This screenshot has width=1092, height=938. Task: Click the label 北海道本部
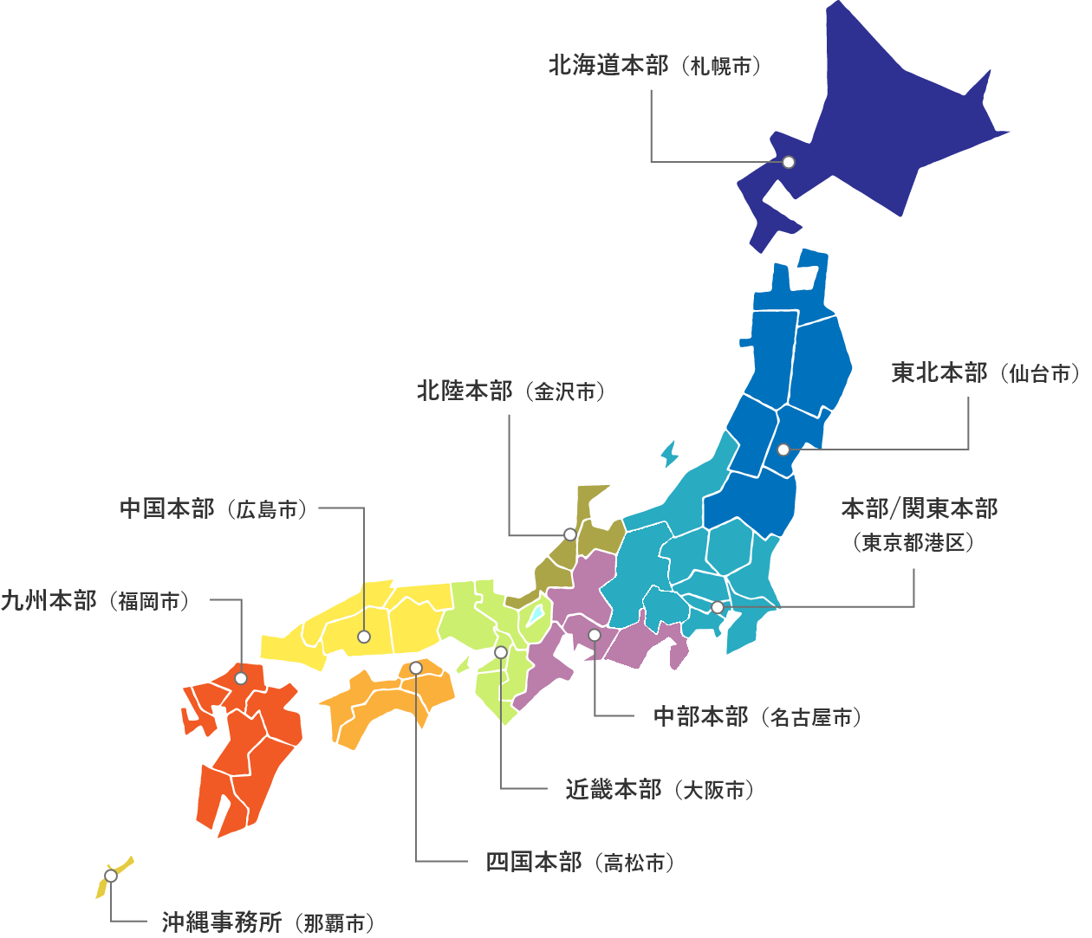pyautogui.click(x=608, y=65)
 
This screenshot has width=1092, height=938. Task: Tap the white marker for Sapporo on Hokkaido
pyautogui.click(x=789, y=162)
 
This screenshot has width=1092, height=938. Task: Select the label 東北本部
pyautogui.click(x=939, y=373)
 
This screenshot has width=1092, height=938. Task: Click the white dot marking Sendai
pyautogui.click(x=783, y=450)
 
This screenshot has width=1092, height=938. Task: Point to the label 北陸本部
pyautogui.click(x=465, y=391)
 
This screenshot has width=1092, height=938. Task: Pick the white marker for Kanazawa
pyautogui.click(x=569, y=534)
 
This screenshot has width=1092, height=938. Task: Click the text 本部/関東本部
pyautogui.click(x=919, y=508)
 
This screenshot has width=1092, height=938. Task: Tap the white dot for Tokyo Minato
pyautogui.click(x=718, y=607)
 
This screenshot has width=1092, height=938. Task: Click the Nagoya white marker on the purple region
pyautogui.click(x=595, y=635)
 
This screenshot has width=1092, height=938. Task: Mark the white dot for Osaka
pyautogui.click(x=501, y=652)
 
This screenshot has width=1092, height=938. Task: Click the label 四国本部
pyautogui.click(x=533, y=863)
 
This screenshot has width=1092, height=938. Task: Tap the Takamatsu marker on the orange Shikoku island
pyautogui.click(x=416, y=668)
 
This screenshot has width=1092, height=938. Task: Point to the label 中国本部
pyautogui.click(x=166, y=508)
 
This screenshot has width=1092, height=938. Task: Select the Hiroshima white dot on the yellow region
pyautogui.click(x=364, y=637)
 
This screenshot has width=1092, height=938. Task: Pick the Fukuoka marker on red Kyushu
pyautogui.click(x=241, y=678)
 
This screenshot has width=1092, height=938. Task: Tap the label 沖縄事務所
pyautogui.click(x=221, y=922)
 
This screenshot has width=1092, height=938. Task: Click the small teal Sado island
pyautogui.click(x=668, y=454)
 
